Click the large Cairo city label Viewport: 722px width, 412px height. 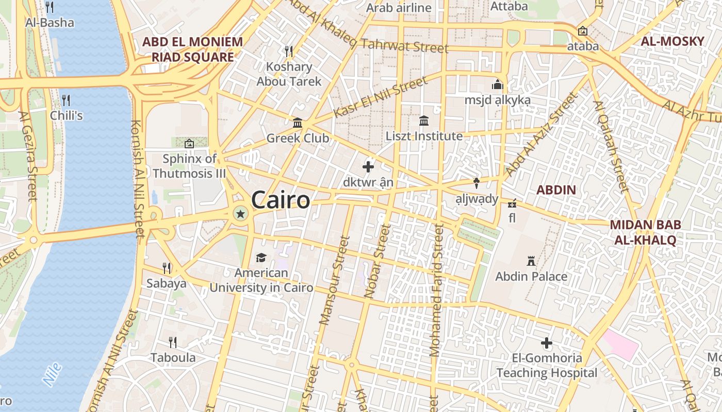[x=281, y=200]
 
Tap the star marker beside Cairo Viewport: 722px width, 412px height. [x=240, y=213]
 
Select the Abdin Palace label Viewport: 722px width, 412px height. [x=531, y=277]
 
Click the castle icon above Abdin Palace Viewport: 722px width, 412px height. [x=531, y=261]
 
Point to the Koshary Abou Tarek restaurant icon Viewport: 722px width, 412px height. [x=289, y=51]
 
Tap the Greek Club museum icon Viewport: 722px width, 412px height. [x=298, y=123]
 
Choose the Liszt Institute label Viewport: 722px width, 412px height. [x=424, y=136]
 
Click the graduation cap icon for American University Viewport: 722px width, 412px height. [x=261, y=257]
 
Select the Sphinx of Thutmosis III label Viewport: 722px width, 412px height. [x=189, y=166]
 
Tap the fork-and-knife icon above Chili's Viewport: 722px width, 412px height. [x=65, y=100]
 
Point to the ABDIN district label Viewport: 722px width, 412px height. [x=556, y=190]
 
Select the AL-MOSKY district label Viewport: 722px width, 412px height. [x=672, y=41]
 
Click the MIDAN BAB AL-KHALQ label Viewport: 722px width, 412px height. [x=645, y=232]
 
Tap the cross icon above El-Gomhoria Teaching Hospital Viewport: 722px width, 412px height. [x=547, y=342]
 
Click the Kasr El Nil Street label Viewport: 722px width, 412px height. [x=381, y=96]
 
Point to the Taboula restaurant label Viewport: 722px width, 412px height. [x=173, y=357]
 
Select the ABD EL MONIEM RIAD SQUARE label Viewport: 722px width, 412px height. [x=192, y=49]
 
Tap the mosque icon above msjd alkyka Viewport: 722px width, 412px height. [x=498, y=84]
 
